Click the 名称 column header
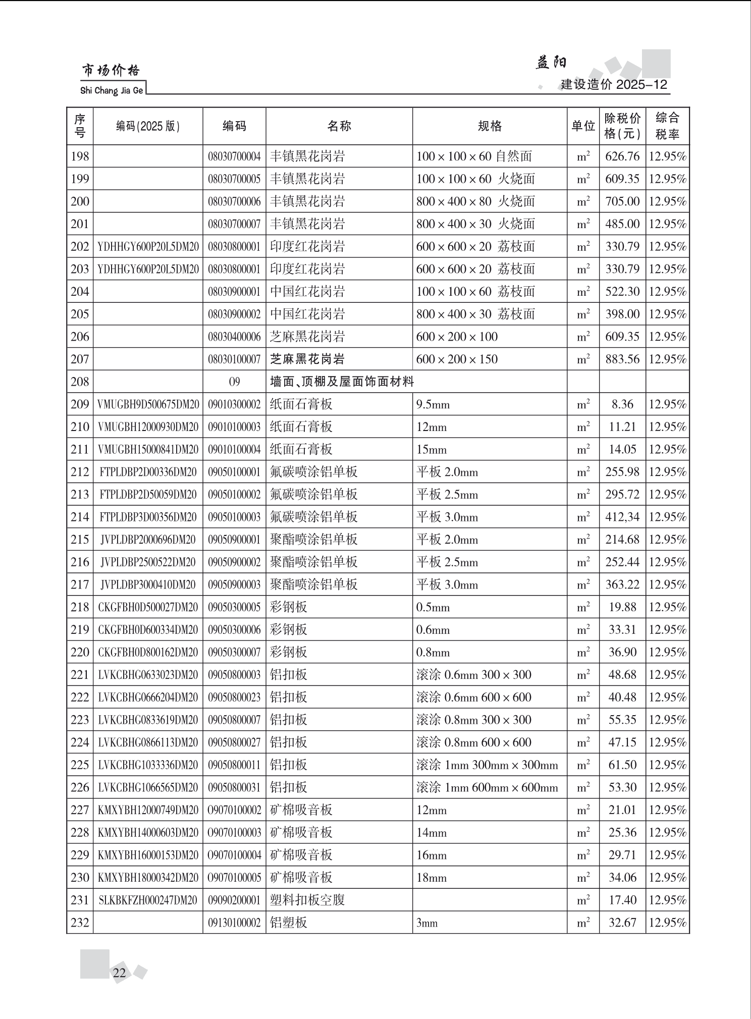[x=339, y=126]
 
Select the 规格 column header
[x=490, y=126]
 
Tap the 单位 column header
[x=583, y=126]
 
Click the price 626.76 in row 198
[x=622, y=156]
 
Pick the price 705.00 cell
[x=622, y=201]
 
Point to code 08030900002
[x=234, y=314]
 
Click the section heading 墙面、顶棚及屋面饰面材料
[x=342, y=382]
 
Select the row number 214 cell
[x=80, y=517]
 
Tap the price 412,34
[x=622, y=517]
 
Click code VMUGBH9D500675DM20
[x=148, y=404]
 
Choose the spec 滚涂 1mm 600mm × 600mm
[x=487, y=788]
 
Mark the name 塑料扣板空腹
[x=307, y=900]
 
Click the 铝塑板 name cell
[x=289, y=923]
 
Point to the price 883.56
[x=622, y=359]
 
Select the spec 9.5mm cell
[x=433, y=405]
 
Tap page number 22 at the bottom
[x=120, y=973]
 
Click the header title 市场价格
[x=111, y=71]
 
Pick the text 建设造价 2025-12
[x=614, y=85]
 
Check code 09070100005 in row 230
[x=234, y=878]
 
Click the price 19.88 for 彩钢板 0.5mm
[x=622, y=607]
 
